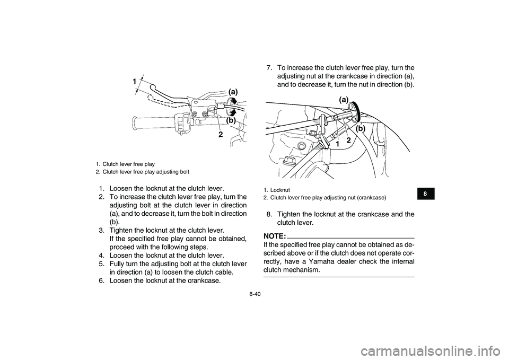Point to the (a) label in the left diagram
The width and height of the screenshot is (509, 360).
234,91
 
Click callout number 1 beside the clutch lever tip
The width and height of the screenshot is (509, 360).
136,81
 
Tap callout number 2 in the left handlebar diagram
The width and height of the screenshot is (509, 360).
220,135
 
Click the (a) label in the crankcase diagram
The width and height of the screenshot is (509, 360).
344,99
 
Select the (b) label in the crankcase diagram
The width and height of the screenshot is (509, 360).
361,129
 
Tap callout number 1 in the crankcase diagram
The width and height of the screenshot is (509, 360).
337,144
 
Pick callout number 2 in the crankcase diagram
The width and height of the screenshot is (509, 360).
349,140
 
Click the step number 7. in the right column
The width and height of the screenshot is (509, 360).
270,68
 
